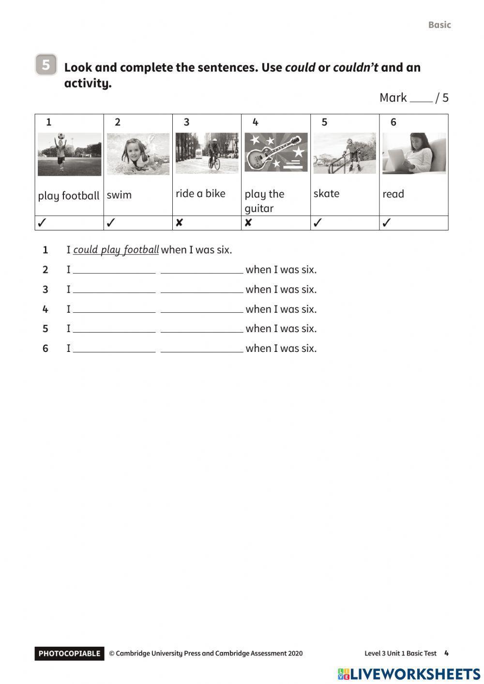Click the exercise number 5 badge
(x=46, y=64)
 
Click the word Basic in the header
(x=439, y=25)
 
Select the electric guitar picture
(x=276, y=152)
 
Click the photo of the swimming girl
(x=138, y=154)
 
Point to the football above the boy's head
(x=60, y=136)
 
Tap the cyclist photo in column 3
(x=207, y=153)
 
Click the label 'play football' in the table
(x=69, y=196)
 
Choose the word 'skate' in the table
(x=326, y=194)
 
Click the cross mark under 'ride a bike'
(x=179, y=223)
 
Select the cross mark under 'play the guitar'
(x=248, y=223)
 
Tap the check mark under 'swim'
(x=111, y=223)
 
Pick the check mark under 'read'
(x=386, y=223)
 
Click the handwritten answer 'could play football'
(x=116, y=250)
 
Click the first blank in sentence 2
(x=114, y=270)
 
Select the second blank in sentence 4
(x=202, y=309)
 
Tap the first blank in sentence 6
(x=114, y=349)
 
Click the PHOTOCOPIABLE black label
(x=69, y=654)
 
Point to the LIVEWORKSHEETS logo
(x=409, y=674)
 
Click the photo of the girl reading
(x=414, y=153)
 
